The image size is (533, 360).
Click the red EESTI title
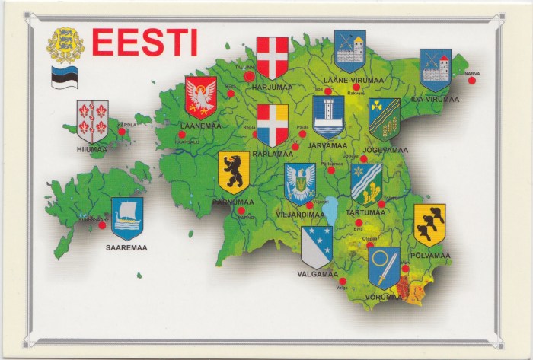(145, 43)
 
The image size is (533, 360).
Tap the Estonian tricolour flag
(65, 77)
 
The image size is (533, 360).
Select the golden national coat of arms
(65, 45)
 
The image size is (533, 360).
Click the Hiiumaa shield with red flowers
(92, 121)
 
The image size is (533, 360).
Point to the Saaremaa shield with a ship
(127, 218)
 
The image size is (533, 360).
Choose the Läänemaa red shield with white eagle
(201, 96)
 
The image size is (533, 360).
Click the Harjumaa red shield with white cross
(272, 58)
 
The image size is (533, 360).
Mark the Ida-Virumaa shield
(436, 70)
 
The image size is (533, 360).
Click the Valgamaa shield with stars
(316, 247)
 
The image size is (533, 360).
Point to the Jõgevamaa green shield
(384, 119)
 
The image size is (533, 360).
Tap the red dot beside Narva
(471, 80)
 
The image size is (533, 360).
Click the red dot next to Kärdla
(122, 132)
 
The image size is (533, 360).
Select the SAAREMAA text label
(127, 247)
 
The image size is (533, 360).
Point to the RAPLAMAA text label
(271, 152)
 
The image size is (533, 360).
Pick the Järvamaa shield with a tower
(328, 116)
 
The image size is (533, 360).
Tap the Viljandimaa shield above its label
(300, 183)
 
